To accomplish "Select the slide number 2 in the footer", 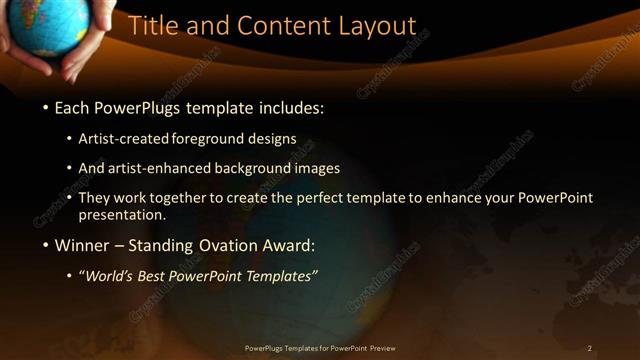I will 590,348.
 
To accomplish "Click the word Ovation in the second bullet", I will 223,243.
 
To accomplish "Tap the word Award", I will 289,243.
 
